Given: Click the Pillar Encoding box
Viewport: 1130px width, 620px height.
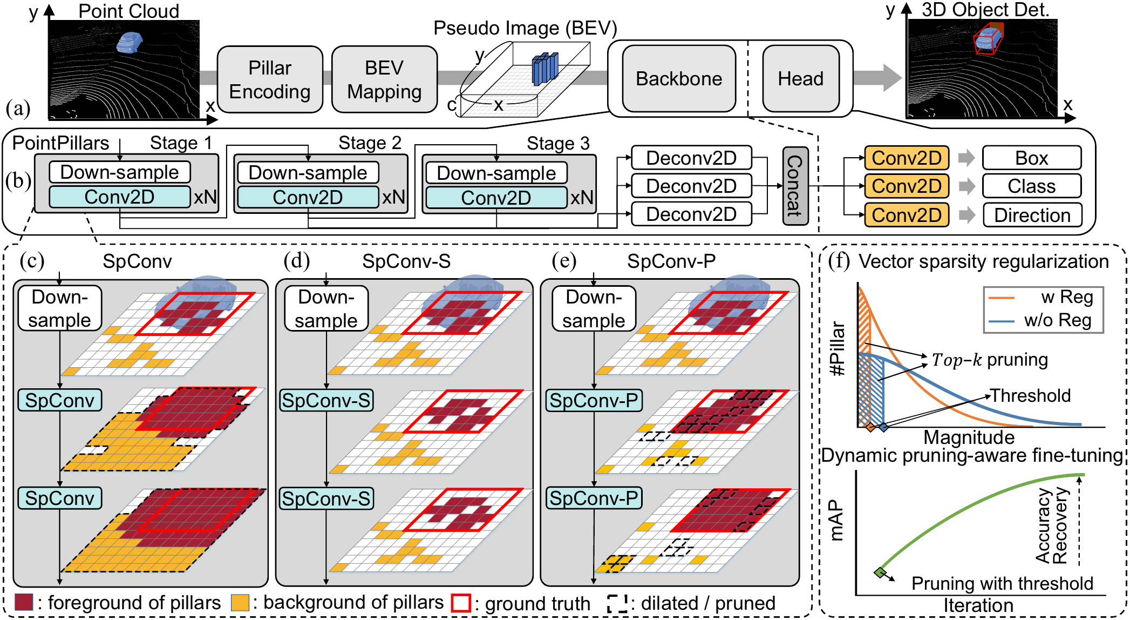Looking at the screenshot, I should point(270,79).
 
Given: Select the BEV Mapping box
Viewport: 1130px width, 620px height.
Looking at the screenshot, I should point(384,79).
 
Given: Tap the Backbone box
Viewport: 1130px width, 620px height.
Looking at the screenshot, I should point(678,79).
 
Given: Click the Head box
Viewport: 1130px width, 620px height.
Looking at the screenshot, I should point(800,79).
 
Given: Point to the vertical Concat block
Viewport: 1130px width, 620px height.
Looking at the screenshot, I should point(795,186).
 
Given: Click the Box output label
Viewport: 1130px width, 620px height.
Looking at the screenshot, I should point(1031,158).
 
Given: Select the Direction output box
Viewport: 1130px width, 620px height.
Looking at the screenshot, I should point(1032,215).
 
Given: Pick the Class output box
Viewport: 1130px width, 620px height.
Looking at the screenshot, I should point(1031,186).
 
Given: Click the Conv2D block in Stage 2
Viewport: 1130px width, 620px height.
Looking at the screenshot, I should point(308,198).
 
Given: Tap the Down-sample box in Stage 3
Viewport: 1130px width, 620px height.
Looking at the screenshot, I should point(496,173).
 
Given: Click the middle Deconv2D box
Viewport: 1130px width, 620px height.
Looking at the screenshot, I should point(691,186).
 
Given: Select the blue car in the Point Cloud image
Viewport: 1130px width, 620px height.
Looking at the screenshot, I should point(130,42).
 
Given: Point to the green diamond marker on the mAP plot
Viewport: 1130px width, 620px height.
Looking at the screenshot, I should point(880,572).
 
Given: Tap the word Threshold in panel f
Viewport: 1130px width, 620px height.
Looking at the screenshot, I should point(1030,396).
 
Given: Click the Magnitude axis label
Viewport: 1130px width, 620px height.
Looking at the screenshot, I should point(969,437).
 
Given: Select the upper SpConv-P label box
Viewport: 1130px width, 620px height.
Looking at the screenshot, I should point(594,401).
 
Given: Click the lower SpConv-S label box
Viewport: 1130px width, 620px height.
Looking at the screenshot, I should point(326,498).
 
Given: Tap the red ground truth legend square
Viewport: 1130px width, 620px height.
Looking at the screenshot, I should point(461,603).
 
